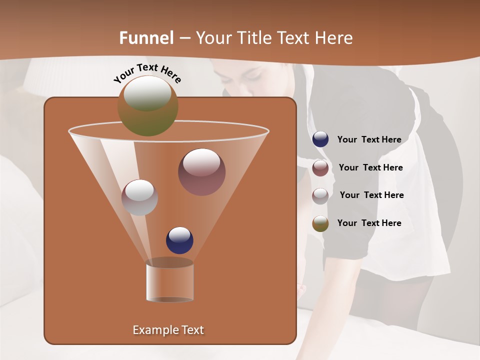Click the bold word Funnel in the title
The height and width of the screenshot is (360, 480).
pyautogui.click(x=146, y=38)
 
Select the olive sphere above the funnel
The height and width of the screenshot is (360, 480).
pyautogui.click(x=147, y=105)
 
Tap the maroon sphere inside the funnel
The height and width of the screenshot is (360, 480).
pyautogui.click(x=201, y=172)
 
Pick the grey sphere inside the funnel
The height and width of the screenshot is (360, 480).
pyautogui.click(x=139, y=197)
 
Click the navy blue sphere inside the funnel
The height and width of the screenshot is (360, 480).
pyautogui.click(x=179, y=240)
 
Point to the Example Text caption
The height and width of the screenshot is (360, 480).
pyautogui.click(x=168, y=330)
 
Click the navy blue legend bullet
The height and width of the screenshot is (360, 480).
pyautogui.click(x=320, y=139)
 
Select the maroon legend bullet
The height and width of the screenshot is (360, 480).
pyautogui.click(x=320, y=167)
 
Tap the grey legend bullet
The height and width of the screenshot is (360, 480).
pyautogui.click(x=320, y=195)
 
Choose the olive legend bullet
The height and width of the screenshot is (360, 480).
pyautogui.click(x=320, y=223)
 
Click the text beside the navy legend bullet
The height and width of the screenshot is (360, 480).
pyautogui.click(x=369, y=139)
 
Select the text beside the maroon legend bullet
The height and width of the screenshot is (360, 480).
pyautogui.click(x=370, y=167)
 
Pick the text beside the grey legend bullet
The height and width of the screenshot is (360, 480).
pyautogui.click(x=371, y=195)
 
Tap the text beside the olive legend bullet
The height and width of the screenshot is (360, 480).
pyautogui.click(x=369, y=223)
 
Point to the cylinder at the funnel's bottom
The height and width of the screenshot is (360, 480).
pyautogui.click(x=169, y=281)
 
